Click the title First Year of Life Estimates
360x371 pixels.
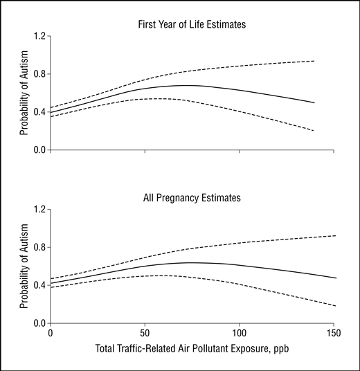(192, 25)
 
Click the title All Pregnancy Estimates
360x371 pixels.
(192, 198)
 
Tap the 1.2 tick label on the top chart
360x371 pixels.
(39, 36)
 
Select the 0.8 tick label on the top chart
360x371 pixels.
(39, 74)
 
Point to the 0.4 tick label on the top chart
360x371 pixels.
(39, 112)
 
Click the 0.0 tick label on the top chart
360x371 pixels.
(39, 150)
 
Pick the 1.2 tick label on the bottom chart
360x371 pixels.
(39, 210)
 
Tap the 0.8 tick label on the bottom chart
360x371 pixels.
(39, 247)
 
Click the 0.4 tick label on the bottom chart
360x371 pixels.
(39, 285)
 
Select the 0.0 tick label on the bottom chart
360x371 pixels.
(39, 323)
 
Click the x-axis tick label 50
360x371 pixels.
(145, 333)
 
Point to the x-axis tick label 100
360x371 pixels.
(239, 333)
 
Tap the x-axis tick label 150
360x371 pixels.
(334, 333)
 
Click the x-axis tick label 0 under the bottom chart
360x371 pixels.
(50, 333)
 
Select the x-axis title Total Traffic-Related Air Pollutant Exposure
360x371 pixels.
(183, 349)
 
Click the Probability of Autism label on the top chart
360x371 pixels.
(24, 93)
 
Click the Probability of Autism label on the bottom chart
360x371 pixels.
(24, 266)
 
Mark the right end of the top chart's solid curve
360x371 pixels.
(314, 102)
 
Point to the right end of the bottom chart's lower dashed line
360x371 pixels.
(336, 306)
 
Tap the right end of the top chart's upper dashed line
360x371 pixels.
(314, 61)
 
